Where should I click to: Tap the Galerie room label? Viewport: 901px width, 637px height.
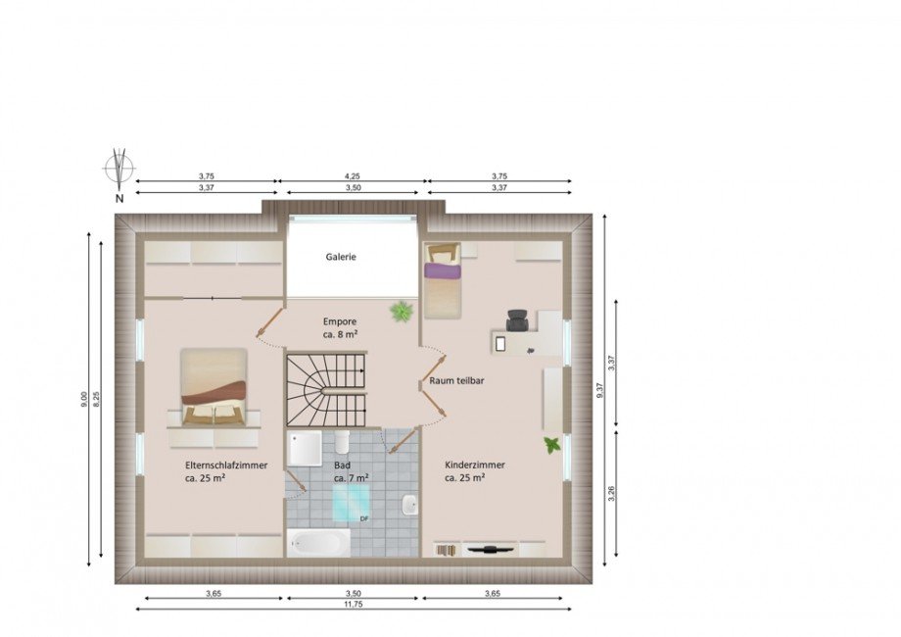click(x=341, y=257)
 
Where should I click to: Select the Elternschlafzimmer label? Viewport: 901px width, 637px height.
click(x=226, y=465)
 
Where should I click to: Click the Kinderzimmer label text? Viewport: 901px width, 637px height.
click(x=475, y=465)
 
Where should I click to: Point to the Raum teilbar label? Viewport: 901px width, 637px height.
click(x=456, y=380)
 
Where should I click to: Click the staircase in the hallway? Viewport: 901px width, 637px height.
click(x=326, y=389)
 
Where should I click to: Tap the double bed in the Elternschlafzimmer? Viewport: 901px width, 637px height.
click(x=213, y=387)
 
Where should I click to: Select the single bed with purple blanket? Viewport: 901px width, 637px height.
click(x=443, y=280)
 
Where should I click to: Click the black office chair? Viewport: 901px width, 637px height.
click(x=518, y=320)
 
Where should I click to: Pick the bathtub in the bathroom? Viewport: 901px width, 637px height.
click(x=318, y=542)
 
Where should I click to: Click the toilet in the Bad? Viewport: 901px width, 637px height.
click(x=343, y=442)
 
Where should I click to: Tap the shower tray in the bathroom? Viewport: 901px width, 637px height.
click(x=305, y=449)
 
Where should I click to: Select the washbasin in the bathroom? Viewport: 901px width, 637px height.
click(x=409, y=505)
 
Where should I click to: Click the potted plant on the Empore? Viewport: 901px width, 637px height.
click(x=402, y=313)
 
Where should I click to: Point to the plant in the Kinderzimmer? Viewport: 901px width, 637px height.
click(x=552, y=444)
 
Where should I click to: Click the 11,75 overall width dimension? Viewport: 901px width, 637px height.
click(x=354, y=605)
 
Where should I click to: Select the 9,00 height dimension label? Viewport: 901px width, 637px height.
click(x=84, y=400)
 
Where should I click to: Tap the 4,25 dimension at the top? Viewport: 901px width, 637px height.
click(x=353, y=176)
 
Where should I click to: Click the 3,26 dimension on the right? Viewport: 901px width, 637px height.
click(x=611, y=494)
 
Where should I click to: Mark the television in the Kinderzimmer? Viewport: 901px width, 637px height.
click(x=490, y=550)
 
